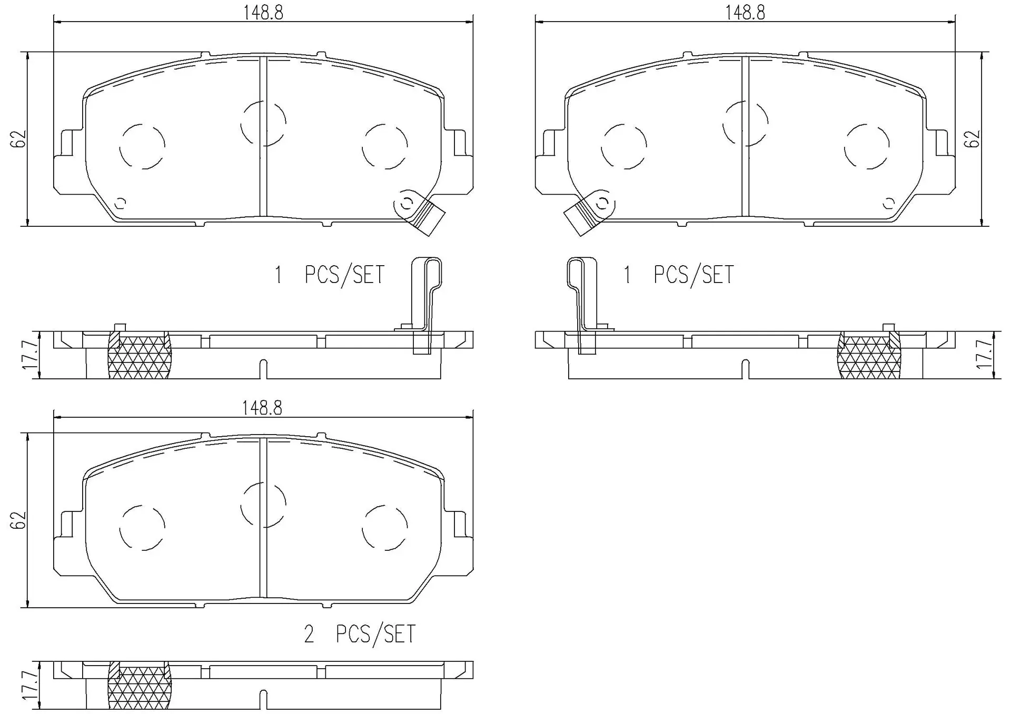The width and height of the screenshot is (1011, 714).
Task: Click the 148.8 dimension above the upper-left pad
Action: coord(263,13)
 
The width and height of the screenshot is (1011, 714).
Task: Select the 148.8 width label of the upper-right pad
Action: coord(745,13)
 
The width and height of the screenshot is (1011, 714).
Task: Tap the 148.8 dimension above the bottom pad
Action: coord(262,408)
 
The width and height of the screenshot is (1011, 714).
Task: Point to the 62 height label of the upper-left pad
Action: coord(18,139)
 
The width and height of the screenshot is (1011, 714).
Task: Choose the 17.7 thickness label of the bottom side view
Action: coord(29,683)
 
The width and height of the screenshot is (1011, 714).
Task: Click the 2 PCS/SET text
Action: coord(360,634)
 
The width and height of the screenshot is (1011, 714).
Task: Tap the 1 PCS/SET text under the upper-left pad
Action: coord(330,275)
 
